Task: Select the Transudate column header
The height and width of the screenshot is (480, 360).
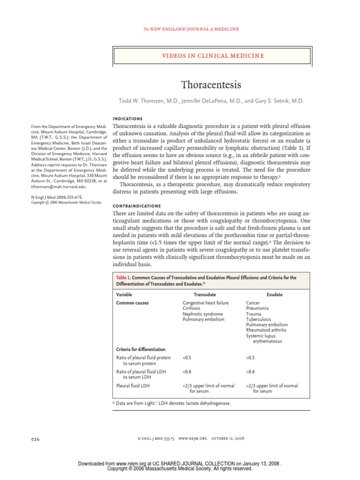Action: (205, 295)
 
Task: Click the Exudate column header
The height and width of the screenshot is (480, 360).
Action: (274, 295)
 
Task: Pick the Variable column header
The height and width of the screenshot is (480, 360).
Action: (124, 295)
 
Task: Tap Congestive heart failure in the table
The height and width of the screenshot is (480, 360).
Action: (205, 303)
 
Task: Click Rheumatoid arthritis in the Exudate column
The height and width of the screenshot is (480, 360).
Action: (266, 330)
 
